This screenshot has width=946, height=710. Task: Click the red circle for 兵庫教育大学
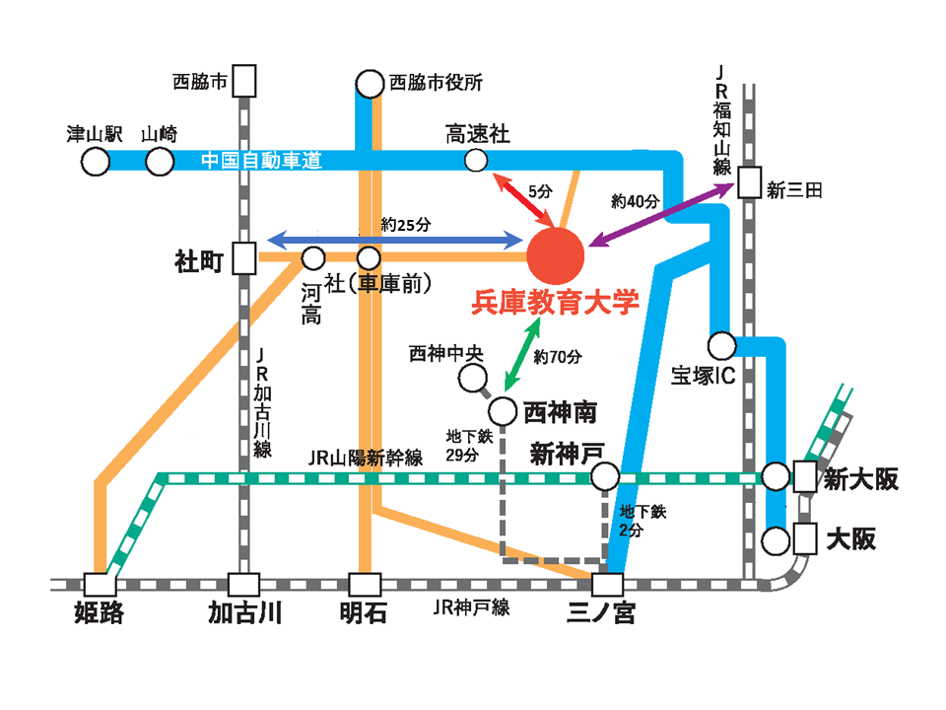point(556,255)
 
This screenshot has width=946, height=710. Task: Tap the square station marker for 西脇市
point(244,81)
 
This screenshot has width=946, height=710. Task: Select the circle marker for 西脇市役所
point(370,84)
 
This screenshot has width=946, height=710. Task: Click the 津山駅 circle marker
point(96,162)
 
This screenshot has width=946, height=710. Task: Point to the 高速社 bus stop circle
point(476,161)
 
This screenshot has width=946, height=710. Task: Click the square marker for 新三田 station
point(750,182)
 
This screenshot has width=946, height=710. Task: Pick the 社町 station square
point(244,258)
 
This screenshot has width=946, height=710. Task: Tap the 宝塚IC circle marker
point(721,346)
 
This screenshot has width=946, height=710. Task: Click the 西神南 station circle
point(503,412)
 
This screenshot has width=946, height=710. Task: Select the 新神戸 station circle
point(604,476)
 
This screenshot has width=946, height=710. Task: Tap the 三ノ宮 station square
point(607,585)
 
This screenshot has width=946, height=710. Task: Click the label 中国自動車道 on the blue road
point(261,161)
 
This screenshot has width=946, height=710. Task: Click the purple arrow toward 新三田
point(661,215)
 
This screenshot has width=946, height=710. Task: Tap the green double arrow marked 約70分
point(522,354)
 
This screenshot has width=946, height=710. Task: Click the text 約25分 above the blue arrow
point(406,225)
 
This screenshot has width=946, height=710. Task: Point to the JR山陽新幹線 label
point(365,458)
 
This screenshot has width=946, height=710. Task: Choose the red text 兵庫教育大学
point(555,302)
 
